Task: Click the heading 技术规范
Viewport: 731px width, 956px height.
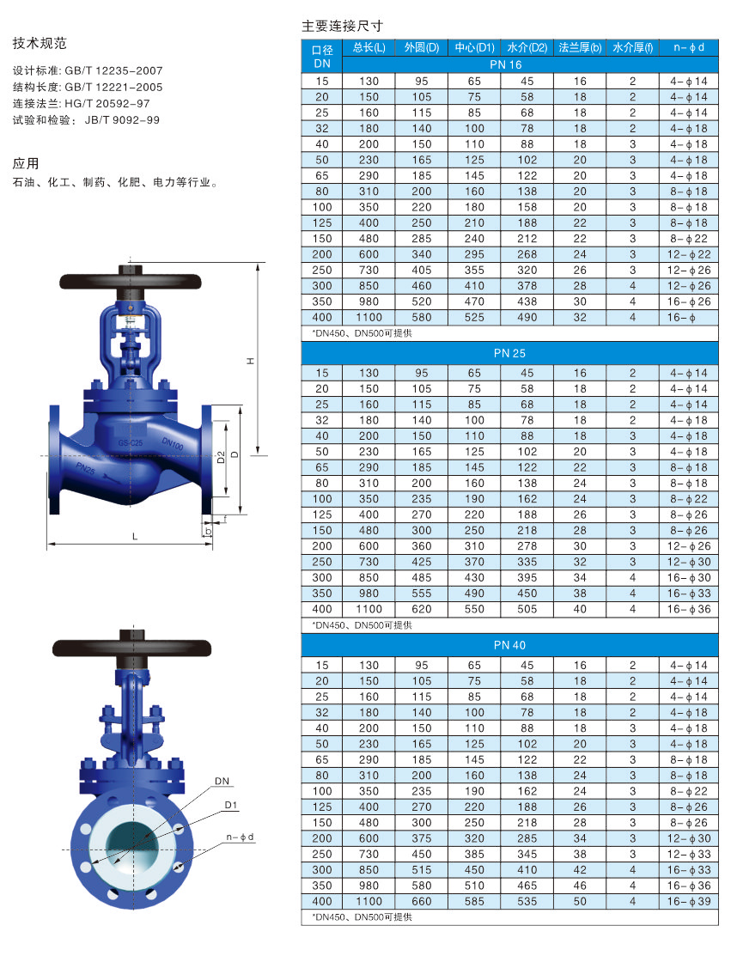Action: [40, 43]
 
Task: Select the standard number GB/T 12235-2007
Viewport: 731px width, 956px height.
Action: [114, 70]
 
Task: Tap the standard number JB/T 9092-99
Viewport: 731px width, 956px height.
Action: [122, 120]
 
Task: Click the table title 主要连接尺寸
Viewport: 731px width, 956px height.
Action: [343, 26]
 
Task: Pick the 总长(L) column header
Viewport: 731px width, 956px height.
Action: [369, 47]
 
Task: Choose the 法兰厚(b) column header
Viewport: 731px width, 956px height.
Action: [580, 47]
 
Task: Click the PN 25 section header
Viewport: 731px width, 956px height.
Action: [509, 353]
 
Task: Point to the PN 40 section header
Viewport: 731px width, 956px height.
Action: [509, 645]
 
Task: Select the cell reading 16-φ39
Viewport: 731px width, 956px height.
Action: [689, 901]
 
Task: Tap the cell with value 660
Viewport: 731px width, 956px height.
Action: [421, 901]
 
